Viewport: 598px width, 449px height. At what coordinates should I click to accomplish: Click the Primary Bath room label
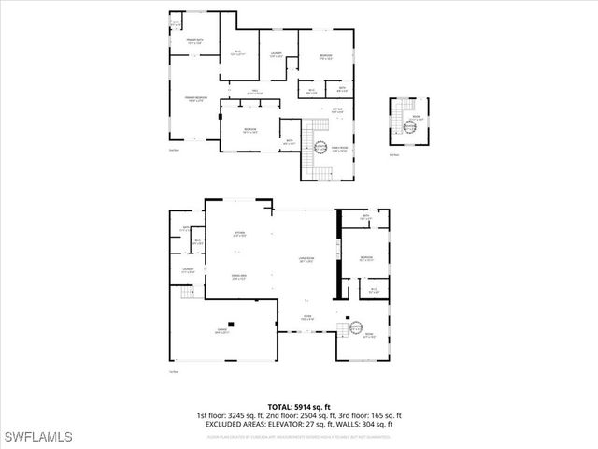pos(194,42)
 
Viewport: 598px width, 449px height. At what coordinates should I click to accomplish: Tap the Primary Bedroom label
pos(194,97)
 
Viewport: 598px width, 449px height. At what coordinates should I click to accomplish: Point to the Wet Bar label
pos(337,110)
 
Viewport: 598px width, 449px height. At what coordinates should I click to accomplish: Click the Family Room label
pos(336,148)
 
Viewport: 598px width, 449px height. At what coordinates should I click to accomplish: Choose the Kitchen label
pos(239,234)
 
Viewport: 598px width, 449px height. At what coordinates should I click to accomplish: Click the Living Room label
pos(305,260)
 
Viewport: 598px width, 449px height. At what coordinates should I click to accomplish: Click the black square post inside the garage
pos(232,325)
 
